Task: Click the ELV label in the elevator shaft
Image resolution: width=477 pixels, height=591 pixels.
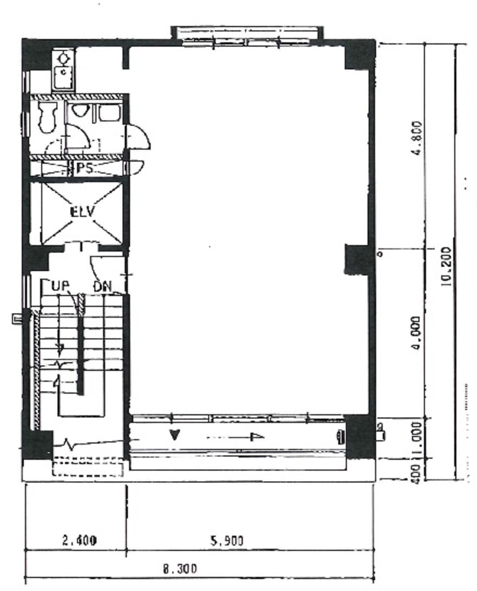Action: [82, 212]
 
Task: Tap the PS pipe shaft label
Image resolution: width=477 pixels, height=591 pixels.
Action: [84, 169]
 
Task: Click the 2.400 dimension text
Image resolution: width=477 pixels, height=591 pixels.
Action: [79, 540]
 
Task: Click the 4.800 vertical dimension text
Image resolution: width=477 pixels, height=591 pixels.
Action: [418, 138]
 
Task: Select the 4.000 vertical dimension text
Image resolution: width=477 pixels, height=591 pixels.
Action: [417, 333]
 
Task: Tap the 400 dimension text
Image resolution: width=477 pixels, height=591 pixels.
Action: [415, 473]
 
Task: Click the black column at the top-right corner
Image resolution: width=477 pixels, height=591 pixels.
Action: [360, 54]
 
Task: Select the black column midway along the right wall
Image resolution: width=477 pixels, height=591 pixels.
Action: [359, 259]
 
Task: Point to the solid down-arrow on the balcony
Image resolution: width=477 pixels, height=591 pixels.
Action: [174, 435]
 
